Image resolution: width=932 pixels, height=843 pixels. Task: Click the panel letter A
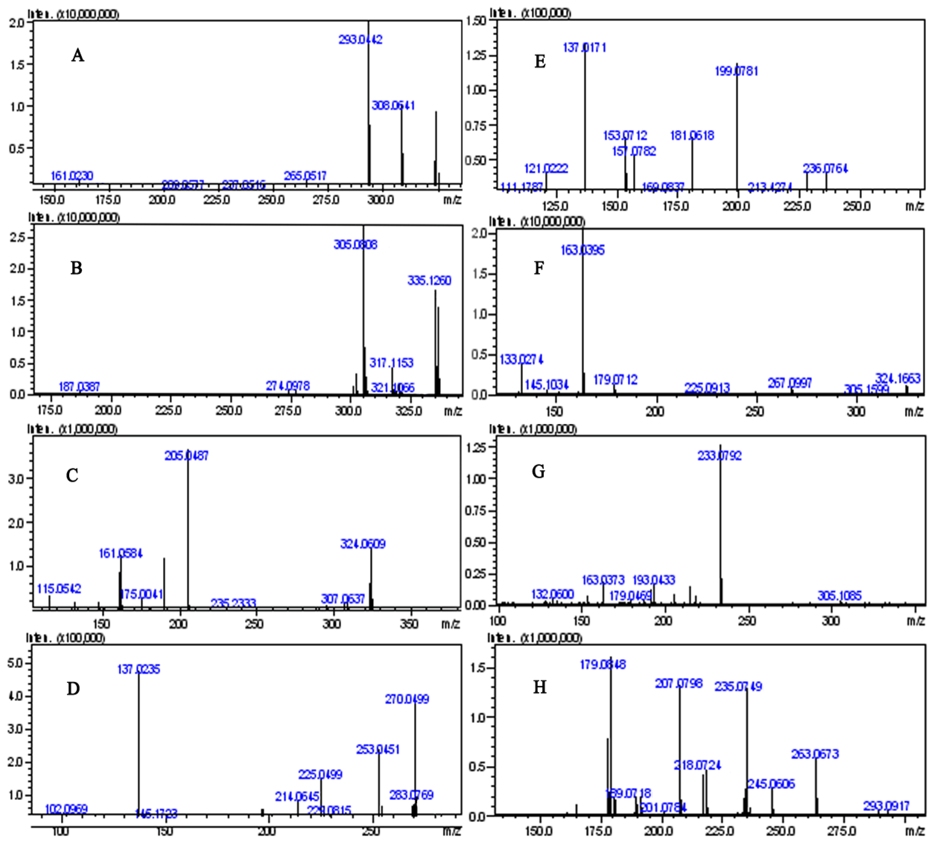coord(78,55)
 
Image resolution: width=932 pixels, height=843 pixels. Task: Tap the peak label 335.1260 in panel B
coord(429,280)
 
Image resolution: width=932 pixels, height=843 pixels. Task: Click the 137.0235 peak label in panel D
coord(139,669)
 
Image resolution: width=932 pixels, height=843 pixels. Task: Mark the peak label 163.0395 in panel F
coord(582,250)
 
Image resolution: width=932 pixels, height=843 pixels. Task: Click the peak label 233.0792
coord(719,456)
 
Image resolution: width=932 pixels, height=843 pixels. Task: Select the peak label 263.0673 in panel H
coord(815,754)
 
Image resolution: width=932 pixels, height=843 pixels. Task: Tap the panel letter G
coord(539,471)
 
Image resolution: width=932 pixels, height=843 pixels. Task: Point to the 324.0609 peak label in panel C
coord(363,544)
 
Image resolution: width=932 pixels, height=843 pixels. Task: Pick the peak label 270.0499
coord(407,699)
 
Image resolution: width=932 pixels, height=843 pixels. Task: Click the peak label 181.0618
coord(692,136)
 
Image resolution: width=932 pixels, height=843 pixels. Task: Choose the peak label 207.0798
coord(679,683)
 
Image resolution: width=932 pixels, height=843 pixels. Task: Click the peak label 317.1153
coord(391,363)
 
